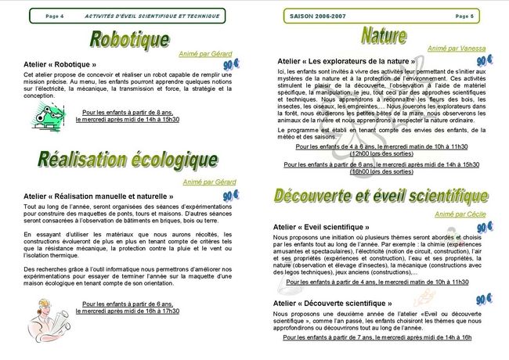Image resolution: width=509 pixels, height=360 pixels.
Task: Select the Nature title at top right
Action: click(383, 35)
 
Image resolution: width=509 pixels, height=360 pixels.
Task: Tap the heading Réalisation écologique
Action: click(127, 160)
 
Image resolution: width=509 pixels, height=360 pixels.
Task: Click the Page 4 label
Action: click(55, 16)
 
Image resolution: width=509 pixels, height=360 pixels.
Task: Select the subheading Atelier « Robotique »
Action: click(60, 64)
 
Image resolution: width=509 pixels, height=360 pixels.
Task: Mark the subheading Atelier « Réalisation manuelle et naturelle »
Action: click(99, 196)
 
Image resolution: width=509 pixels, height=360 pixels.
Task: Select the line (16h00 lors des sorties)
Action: click(382, 171)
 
